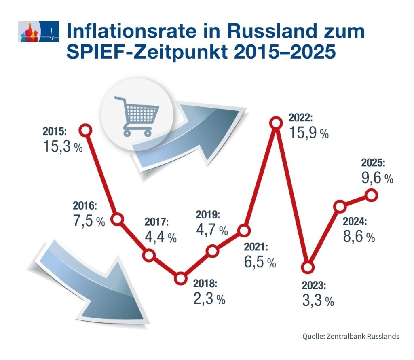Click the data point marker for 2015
[x=86, y=130]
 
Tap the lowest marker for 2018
[x=181, y=278]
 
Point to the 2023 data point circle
[x=308, y=267]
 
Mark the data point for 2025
[x=371, y=196]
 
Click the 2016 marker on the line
[x=117, y=219]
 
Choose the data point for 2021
[x=244, y=231]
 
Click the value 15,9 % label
[x=308, y=133]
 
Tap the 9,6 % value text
[x=377, y=178]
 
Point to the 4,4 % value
[x=161, y=237]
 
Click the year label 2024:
[x=355, y=221]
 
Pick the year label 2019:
[x=208, y=214]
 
